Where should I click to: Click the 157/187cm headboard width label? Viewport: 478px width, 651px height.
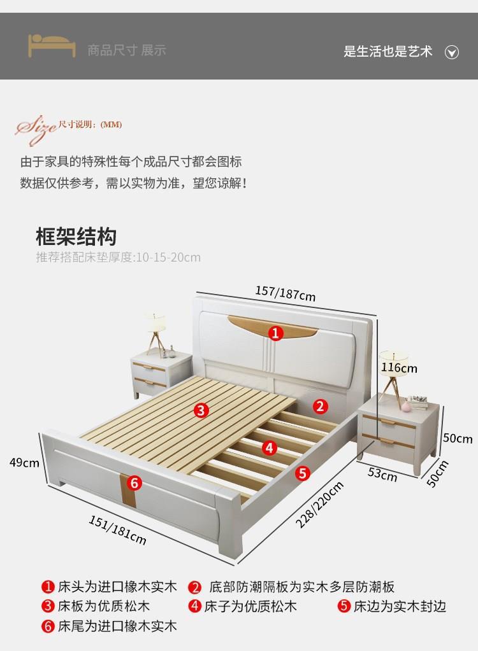tap(285, 293)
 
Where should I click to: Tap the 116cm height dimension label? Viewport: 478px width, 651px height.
tap(399, 368)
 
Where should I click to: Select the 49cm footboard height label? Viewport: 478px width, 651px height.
tap(24, 463)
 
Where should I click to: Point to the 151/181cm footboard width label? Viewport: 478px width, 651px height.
tap(117, 529)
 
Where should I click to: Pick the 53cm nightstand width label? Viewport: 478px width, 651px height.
tap(382, 475)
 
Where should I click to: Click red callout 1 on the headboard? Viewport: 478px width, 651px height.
tap(275, 333)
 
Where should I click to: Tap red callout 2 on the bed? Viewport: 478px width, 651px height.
tap(320, 406)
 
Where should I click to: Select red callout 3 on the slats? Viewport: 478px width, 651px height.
tap(201, 410)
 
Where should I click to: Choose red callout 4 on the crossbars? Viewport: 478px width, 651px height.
tap(270, 447)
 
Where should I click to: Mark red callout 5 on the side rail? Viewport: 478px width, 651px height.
tap(303, 472)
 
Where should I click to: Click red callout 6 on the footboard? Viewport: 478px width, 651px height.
tap(134, 483)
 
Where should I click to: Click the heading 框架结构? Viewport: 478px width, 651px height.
tap(76, 237)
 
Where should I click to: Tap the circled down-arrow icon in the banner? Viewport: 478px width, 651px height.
tap(451, 52)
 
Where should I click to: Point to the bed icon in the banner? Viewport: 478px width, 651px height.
tap(51, 46)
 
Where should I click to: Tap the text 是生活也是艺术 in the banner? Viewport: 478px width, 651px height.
tap(387, 52)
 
